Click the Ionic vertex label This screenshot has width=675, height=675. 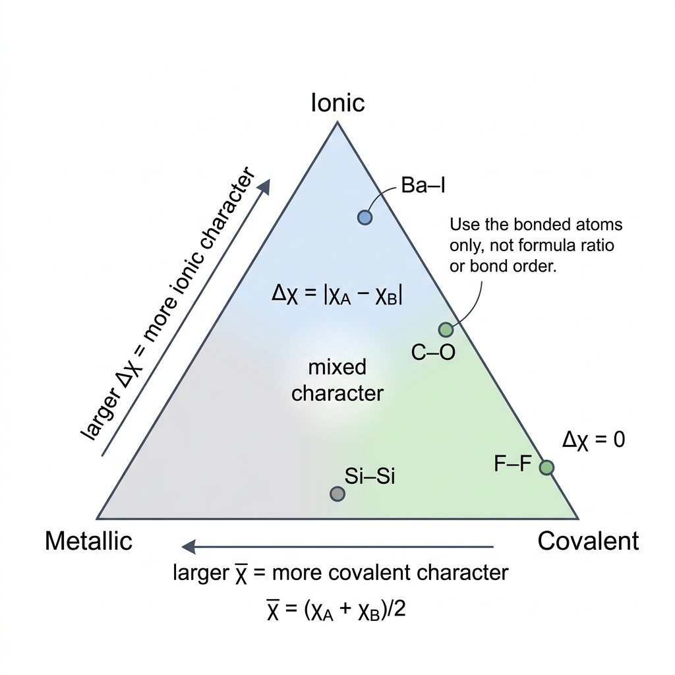pyautogui.click(x=338, y=103)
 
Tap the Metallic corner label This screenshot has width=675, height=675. pyautogui.click(x=89, y=541)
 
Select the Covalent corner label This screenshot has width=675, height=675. pyautogui.click(x=588, y=541)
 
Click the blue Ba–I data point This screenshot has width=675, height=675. pyautogui.click(x=365, y=218)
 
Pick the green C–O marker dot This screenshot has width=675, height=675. pyautogui.click(x=446, y=330)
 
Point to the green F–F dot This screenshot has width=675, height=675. pyautogui.click(x=546, y=467)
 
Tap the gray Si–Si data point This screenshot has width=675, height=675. pyautogui.click(x=337, y=494)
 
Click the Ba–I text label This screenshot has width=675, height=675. pyautogui.click(x=423, y=185)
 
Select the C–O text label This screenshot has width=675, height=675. pyautogui.click(x=433, y=352)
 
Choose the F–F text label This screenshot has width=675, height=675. pyautogui.click(x=513, y=463)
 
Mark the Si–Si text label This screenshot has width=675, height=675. pyautogui.click(x=370, y=476)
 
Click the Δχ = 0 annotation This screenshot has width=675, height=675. pyautogui.click(x=594, y=440)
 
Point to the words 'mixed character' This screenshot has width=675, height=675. pyautogui.click(x=337, y=380)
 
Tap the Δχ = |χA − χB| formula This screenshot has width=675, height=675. pyautogui.click(x=337, y=295)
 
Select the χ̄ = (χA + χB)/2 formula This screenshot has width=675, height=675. pyautogui.click(x=336, y=610)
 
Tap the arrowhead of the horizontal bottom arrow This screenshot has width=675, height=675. pyautogui.click(x=189, y=546)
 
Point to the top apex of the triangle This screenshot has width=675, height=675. pyautogui.click(x=337, y=122)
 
